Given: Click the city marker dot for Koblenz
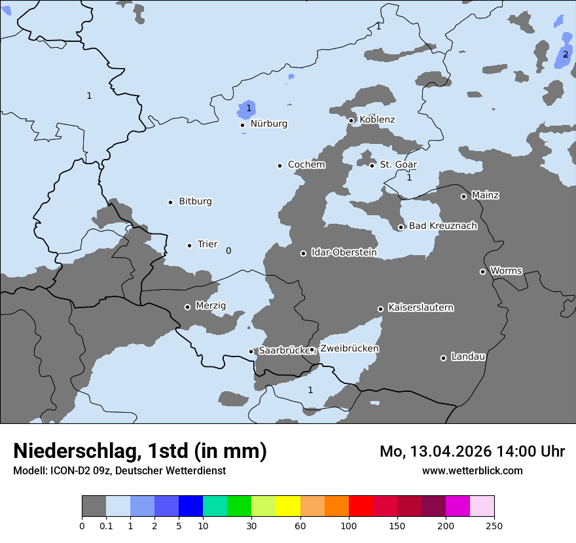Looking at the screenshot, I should click(351, 120).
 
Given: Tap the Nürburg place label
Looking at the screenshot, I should click(268, 124).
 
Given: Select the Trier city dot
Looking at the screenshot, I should click(190, 245).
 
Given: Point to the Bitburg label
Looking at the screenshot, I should click(195, 201).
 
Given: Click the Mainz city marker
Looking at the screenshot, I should click(463, 196).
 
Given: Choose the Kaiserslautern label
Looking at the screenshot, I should click(420, 307).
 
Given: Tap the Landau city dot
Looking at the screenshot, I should click(443, 358).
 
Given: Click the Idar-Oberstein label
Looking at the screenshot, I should click(344, 253).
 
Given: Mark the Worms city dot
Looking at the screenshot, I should click(482, 271).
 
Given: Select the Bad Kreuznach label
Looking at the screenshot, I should click(442, 226).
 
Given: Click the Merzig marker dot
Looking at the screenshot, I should click(187, 307).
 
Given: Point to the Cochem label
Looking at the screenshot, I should click(306, 165).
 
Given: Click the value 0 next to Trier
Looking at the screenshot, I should click(228, 251).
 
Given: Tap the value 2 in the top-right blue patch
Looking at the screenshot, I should click(566, 54).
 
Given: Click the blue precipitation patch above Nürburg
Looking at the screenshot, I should click(247, 109).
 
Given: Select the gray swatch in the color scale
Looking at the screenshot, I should click(94, 506).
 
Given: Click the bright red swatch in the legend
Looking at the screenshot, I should click(361, 506).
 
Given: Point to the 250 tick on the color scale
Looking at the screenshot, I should click(494, 525).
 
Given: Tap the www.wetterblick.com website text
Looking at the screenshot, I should click(472, 470).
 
